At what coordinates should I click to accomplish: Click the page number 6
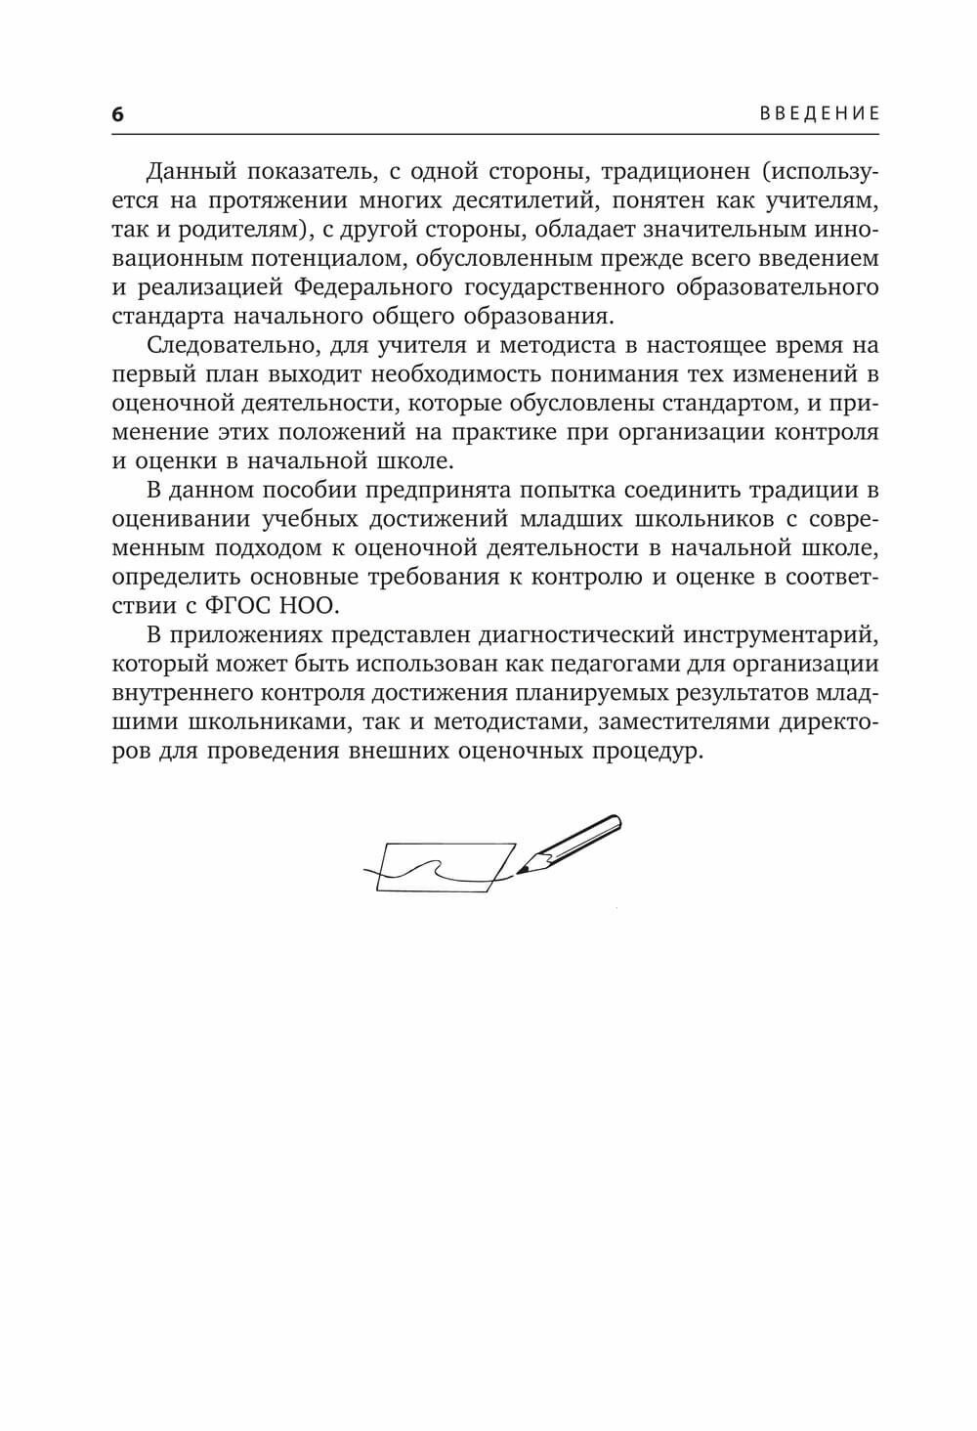118,114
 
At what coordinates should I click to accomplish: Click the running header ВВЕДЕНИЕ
820,113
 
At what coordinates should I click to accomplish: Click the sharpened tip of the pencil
519,871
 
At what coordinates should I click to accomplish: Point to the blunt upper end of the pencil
615,822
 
